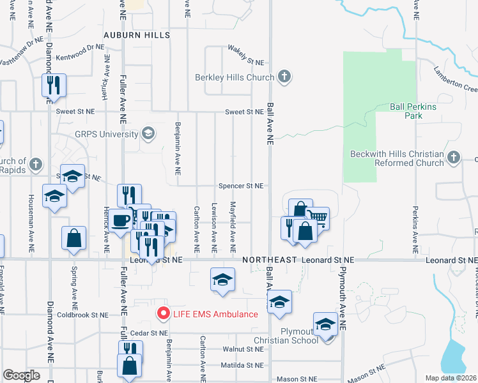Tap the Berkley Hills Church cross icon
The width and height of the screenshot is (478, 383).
285,78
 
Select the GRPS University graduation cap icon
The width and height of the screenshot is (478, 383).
149,133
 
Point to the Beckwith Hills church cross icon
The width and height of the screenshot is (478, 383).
454,157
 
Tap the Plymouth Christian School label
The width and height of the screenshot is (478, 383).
298,335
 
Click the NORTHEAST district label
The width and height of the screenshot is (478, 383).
269,260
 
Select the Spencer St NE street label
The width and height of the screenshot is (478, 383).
241,186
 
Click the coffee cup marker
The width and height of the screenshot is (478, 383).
120,220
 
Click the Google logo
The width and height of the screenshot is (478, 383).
21,375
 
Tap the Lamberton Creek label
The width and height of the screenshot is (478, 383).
454,79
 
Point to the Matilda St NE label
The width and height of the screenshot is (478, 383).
243,365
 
